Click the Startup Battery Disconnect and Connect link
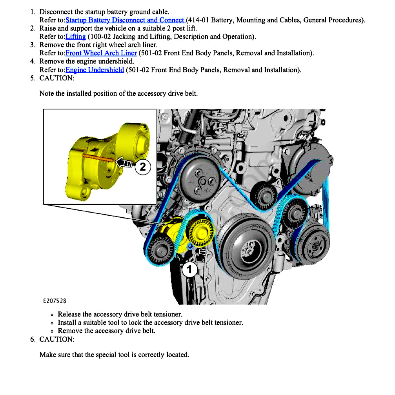(125, 20)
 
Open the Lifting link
(76, 36)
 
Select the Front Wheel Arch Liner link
(101, 53)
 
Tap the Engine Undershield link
(95, 70)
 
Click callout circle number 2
(143, 167)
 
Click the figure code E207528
(55, 301)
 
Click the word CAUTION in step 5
(56, 78)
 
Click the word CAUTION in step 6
(56, 339)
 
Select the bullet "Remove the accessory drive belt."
(106, 331)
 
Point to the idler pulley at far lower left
(160, 248)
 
